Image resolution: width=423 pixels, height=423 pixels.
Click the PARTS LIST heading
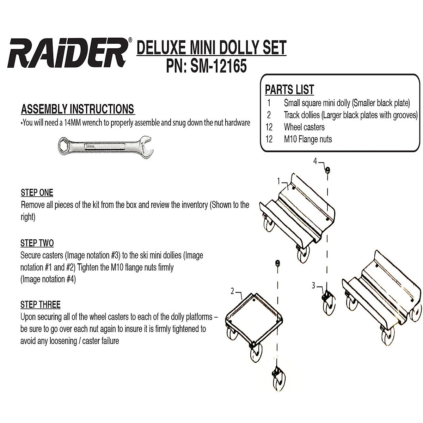click(289, 90)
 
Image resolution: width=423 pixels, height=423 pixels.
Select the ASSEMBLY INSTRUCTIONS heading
click(78, 109)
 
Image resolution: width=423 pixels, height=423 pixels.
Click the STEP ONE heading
click(37, 192)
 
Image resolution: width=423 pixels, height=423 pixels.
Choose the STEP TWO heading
click(37, 243)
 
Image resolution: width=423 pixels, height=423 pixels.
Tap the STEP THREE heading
click(40, 305)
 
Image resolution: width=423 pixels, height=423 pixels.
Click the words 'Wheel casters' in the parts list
click(304, 127)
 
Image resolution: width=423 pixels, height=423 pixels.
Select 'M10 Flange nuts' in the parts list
click(308, 139)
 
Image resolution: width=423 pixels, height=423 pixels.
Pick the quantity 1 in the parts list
click(269, 103)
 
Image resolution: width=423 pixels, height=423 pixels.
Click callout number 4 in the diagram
click(315, 161)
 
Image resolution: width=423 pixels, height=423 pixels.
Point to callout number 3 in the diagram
click(313, 286)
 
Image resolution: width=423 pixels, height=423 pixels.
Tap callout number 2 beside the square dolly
click(232, 291)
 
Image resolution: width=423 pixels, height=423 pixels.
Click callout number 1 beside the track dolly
click(278, 182)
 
